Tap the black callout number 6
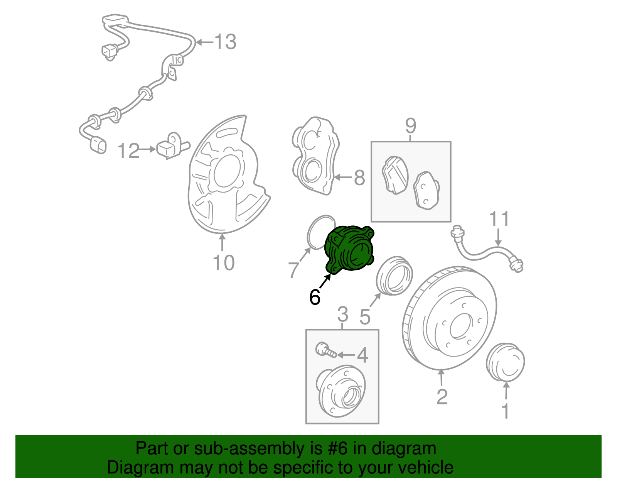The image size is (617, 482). (315, 297)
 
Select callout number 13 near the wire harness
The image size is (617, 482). (225, 42)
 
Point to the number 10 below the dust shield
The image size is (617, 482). (224, 263)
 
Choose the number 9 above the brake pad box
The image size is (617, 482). (411, 125)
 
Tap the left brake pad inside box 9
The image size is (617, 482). (394, 175)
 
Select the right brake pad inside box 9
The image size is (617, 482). (426, 190)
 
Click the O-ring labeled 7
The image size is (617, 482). (321, 232)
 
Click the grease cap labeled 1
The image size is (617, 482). (506, 362)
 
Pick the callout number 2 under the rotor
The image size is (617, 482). (442, 397)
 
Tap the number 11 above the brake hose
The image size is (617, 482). (499, 219)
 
